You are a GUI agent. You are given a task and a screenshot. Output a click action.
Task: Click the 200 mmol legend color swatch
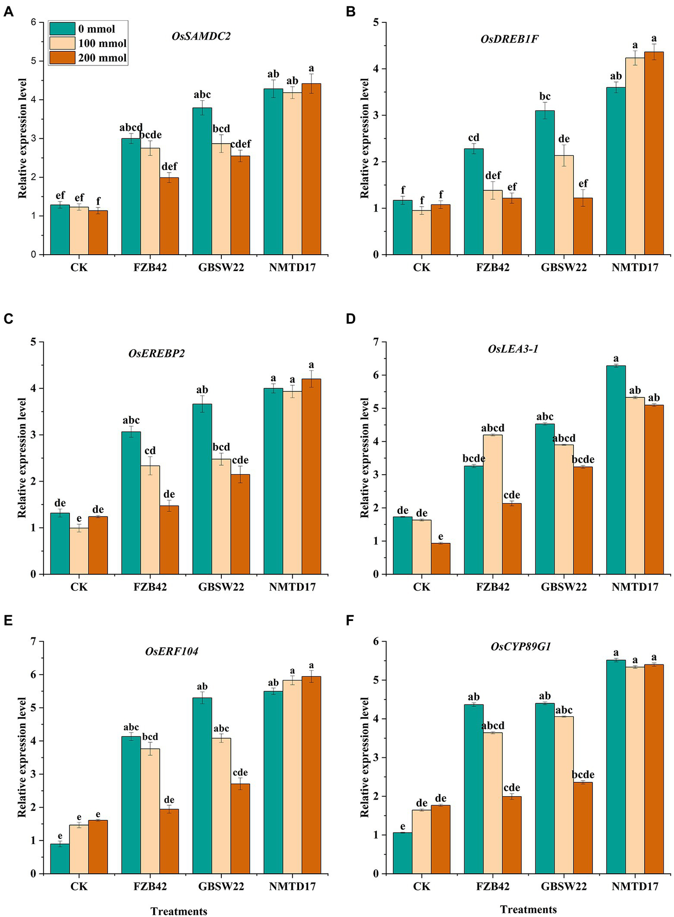point(62,58)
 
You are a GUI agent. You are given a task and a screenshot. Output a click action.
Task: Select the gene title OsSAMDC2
point(201,36)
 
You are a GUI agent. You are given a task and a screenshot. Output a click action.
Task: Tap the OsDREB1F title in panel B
point(509,39)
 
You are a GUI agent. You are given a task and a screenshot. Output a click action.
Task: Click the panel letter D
point(350,319)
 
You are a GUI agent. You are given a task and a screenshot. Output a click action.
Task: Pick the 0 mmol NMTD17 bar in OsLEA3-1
point(616,469)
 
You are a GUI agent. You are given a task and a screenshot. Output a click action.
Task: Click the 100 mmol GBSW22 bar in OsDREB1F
point(564,205)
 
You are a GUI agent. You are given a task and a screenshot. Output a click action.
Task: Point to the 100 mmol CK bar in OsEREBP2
point(79,551)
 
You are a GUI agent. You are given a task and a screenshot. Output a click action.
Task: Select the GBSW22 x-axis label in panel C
point(221,587)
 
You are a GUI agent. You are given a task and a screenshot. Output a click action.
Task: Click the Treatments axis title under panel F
point(528,909)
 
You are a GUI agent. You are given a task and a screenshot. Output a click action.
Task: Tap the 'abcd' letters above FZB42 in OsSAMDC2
point(131,128)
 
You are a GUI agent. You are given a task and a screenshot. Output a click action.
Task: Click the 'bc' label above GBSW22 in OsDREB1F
point(545,96)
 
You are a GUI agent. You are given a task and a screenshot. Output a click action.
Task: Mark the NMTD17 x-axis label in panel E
point(292,886)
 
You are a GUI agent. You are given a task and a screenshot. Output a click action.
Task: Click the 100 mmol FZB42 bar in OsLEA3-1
point(493,504)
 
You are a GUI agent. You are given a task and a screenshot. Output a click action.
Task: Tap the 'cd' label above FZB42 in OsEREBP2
point(150,451)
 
